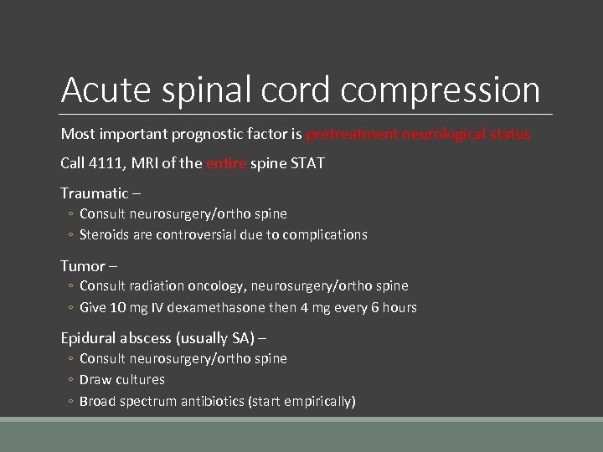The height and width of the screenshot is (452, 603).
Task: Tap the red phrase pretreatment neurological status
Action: (x=418, y=134)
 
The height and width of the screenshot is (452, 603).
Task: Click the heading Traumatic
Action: (x=92, y=193)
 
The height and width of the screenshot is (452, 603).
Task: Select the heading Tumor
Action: (x=82, y=266)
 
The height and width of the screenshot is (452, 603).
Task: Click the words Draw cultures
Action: (x=121, y=379)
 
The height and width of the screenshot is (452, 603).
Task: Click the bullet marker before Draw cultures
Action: (x=70, y=380)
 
